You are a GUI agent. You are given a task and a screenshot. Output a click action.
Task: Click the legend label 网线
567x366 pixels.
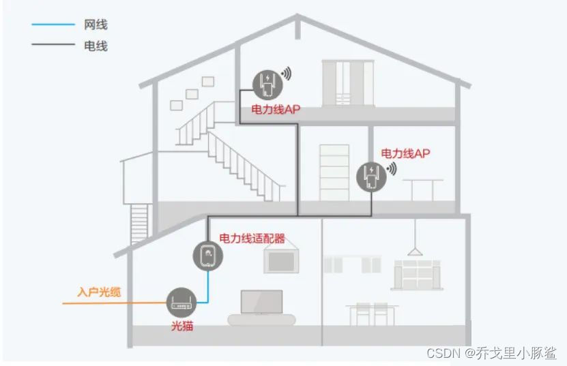(x=96, y=25)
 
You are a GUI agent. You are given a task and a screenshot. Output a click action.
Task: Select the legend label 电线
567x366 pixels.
(x=96, y=46)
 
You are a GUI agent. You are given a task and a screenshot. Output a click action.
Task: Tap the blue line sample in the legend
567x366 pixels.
(x=53, y=25)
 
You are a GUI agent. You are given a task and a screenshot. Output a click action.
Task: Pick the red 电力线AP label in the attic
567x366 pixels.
(x=276, y=109)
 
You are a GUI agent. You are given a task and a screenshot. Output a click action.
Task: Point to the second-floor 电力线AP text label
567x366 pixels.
(x=405, y=153)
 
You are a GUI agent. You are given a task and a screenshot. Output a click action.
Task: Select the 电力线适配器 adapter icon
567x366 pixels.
(x=207, y=256)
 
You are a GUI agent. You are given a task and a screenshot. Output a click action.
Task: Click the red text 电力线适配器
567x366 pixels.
(x=252, y=239)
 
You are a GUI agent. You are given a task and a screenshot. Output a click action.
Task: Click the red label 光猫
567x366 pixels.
(x=181, y=326)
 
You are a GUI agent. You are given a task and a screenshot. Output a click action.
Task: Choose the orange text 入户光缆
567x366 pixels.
(x=100, y=292)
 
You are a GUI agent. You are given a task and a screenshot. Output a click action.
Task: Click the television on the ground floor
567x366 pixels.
(x=261, y=304)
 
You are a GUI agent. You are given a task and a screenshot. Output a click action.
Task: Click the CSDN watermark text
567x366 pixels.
(x=491, y=352)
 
